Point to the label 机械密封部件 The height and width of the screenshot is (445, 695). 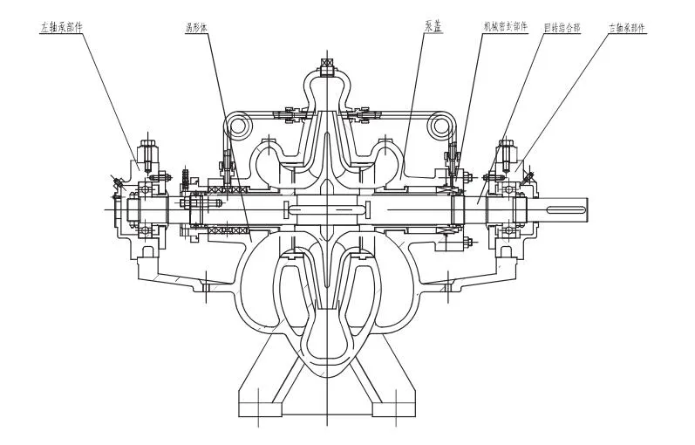click(x=505, y=27)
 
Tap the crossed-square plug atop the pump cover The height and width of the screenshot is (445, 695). click(x=327, y=65)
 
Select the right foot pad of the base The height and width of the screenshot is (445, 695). click(x=397, y=409)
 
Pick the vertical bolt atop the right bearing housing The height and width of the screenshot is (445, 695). click(x=505, y=154)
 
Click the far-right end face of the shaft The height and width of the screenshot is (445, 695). click(x=588, y=209)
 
